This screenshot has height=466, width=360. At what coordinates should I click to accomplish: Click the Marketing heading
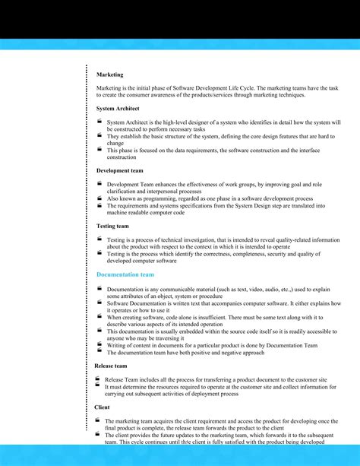[109, 74]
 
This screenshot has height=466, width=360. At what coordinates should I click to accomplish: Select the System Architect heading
[117, 109]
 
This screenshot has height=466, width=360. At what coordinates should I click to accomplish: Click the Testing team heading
[112, 226]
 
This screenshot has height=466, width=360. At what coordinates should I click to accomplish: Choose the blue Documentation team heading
[125, 274]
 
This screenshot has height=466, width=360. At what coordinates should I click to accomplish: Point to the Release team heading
[111, 366]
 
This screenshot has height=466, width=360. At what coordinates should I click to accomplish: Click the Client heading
[103, 407]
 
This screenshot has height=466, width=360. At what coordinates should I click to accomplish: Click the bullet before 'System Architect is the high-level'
[99, 121]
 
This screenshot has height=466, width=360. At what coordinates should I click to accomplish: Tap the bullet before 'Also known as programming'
[99, 197]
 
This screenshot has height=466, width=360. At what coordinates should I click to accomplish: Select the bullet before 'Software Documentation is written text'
[99, 302]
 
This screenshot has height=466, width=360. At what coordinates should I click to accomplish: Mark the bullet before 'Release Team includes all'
[97, 378]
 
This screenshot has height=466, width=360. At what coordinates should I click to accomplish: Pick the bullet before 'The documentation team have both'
[99, 351]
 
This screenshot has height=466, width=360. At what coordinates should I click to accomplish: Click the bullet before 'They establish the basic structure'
[99, 135]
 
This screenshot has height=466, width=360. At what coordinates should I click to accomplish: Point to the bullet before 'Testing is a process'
[99, 239]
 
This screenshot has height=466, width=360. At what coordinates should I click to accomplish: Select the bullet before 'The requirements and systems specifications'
[99, 204]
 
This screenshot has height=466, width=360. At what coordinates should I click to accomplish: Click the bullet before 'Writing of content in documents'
[99, 344]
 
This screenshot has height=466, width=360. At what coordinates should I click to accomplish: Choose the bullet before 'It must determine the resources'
[97, 385]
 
